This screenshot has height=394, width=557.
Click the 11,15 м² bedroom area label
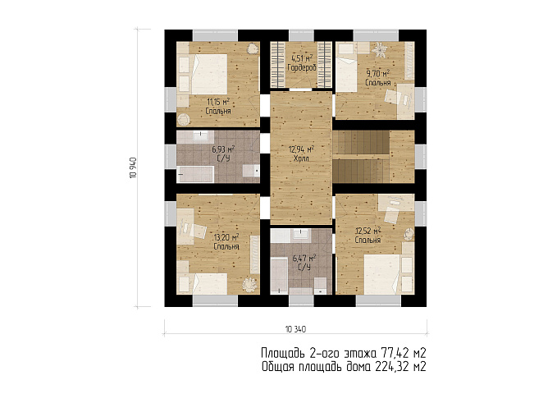click(x=218, y=107)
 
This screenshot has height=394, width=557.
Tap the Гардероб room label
click(x=302, y=62)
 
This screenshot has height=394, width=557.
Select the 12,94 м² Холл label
click(x=301, y=153)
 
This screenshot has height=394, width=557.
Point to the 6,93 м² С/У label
click(x=223, y=153)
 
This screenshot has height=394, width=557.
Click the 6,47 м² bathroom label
click(x=304, y=262)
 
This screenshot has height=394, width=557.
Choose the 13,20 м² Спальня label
click(x=226, y=241)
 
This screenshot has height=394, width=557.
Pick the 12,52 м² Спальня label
click(x=368, y=235)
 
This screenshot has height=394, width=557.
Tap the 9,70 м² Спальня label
click(x=378, y=78)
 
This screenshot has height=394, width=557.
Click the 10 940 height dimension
click(x=133, y=167)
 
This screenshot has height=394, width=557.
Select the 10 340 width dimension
click(x=295, y=329)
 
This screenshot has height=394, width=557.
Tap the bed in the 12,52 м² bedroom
click(x=385, y=274)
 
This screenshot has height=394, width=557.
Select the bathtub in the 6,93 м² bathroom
click(x=195, y=174)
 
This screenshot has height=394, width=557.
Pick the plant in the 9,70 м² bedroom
click(x=379, y=49)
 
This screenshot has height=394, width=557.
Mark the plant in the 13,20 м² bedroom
click(x=249, y=286)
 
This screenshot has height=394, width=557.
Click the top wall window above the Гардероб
click(x=301, y=35)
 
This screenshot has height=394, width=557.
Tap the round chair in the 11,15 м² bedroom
click(x=184, y=119)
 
